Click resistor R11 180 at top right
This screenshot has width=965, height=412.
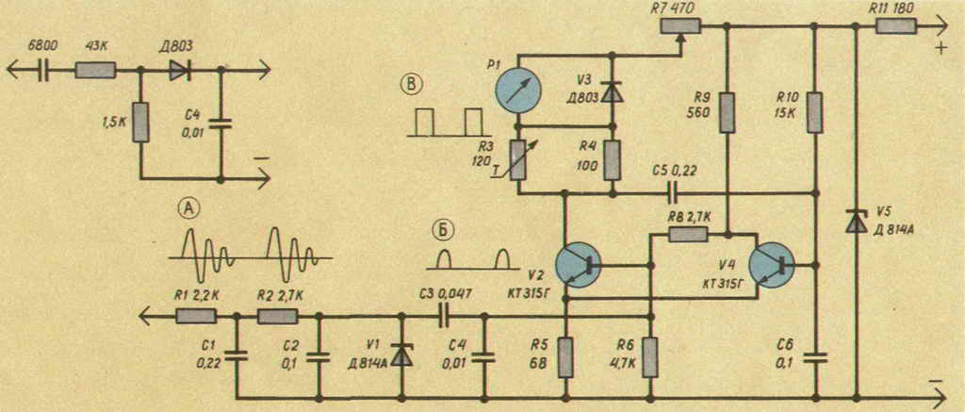pos(897,25)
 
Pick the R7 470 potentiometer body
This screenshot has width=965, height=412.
pos(680,25)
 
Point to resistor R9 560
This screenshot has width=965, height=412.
pos(728,113)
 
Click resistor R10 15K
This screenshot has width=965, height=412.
pos(815,113)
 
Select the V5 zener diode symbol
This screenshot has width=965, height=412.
pos(856,221)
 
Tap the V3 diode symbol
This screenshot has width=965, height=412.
pos(610,92)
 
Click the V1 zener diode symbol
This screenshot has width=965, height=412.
pos(402,356)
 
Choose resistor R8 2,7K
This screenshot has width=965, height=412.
pos(688,234)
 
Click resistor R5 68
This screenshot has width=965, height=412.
pos(565,358)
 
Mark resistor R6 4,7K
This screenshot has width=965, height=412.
pos(651,358)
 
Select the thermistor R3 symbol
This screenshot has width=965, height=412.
pos(519,159)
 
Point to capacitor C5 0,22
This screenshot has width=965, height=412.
pos(674,193)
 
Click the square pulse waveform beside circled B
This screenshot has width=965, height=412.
pos(450,122)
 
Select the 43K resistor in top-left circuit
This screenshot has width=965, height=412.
pos(95,71)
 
